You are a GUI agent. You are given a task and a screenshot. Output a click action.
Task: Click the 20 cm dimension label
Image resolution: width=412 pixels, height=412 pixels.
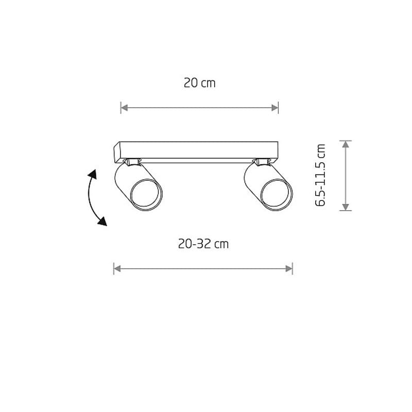[x=200, y=83]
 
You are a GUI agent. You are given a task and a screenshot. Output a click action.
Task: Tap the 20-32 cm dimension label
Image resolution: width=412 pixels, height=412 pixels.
[x=203, y=244]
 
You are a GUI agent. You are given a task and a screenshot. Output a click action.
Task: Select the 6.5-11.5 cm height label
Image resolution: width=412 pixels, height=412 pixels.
[x=320, y=175]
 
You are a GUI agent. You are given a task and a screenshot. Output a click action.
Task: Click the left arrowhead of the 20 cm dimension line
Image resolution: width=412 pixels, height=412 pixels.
[x=124, y=108]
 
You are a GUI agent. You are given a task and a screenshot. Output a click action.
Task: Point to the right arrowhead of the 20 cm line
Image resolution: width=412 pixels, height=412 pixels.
[x=274, y=108]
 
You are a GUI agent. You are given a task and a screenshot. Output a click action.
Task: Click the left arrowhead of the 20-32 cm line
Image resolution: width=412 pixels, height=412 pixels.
[x=117, y=268]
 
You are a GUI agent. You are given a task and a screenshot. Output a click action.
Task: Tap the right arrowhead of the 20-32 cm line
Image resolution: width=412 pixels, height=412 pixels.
[x=289, y=268]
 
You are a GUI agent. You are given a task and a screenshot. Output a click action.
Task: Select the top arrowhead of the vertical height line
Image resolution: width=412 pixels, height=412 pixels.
[x=346, y=144]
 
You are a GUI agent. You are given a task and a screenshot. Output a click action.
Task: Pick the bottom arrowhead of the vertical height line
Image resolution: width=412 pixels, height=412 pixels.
[x=346, y=207]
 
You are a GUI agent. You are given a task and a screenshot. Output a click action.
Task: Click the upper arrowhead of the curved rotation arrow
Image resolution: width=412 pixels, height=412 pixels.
[x=93, y=175]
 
